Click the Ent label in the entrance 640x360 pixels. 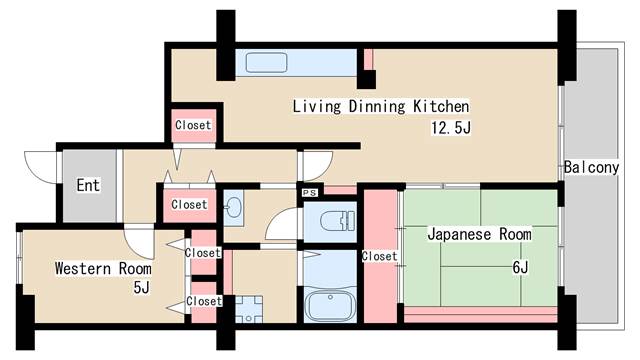pyautogui.click(x=87, y=185)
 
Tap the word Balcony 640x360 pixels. pyautogui.click(x=590, y=167)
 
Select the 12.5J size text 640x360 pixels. pyautogui.click(x=451, y=127)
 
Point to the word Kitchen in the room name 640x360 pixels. pyautogui.click(x=441, y=105)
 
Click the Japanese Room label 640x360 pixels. pyautogui.click(x=478, y=234)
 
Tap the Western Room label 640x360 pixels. pyautogui.click(x=103, y=268)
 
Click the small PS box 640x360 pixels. pyautogui.click(x=309, y=192)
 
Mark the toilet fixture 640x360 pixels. pyautogui.click(x=330, y=220)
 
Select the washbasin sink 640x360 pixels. pyautogui.click(x=234, y=208)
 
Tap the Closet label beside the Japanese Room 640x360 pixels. pyautogui.click(x=380, y=256)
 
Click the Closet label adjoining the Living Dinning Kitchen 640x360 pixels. pyautogui.click(x=192, y=125)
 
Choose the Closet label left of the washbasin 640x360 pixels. pyautogui.click(x=188, y=204)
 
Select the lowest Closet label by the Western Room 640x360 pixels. pyautogui.click(x=203, y=301)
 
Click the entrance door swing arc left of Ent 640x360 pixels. pyautogui.click(x=40, y=165)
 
